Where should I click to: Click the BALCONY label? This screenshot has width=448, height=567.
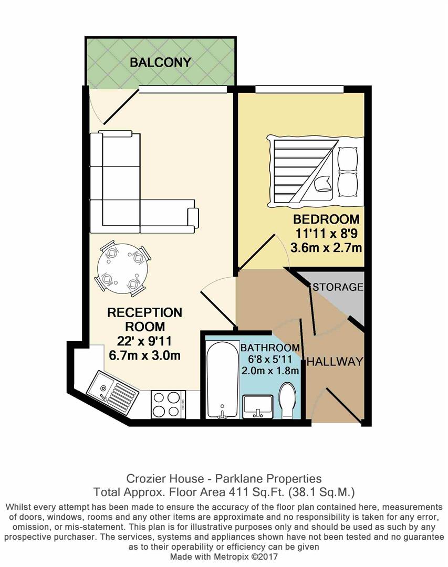point(160,62)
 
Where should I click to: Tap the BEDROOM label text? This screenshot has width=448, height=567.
point(326,219)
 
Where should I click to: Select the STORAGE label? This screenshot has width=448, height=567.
point(338,287)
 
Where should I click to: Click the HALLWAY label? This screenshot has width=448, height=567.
point(335,362)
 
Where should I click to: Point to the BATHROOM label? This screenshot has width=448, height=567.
point(269,348)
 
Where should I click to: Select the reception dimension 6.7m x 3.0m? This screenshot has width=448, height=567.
point(144,355)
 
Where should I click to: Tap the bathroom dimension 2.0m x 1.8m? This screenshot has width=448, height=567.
point(269,371)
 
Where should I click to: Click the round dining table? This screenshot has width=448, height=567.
point(122,268)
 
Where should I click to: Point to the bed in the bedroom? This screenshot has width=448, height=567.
point(314,169)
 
